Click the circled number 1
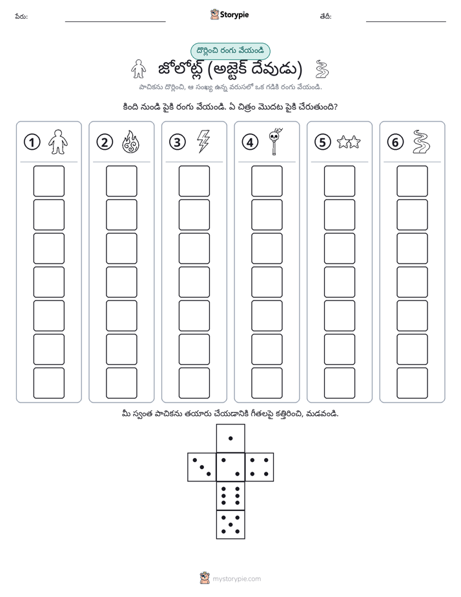coord(32,142)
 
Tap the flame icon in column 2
coord(130,142)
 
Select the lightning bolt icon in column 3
coord(203,141)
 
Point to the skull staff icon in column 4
coord(276,141)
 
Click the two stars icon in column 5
coord(349,142)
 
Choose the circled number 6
coord(395,142)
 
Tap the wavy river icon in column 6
coord(421,142)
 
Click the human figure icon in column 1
coord(58,142)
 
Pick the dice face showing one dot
coord(230,438)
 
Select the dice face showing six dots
coord(230,496)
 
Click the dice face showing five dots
coord(230,524)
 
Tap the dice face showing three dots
coord(202,466)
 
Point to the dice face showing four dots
coord(260,466)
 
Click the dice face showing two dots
coord(230,466)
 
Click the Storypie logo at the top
coord(229,15)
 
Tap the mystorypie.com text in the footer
coord(236,579)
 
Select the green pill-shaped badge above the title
coord(230,51)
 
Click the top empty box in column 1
coord(48,181)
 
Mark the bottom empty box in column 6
coord(413,383)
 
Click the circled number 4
coord(250,142)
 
